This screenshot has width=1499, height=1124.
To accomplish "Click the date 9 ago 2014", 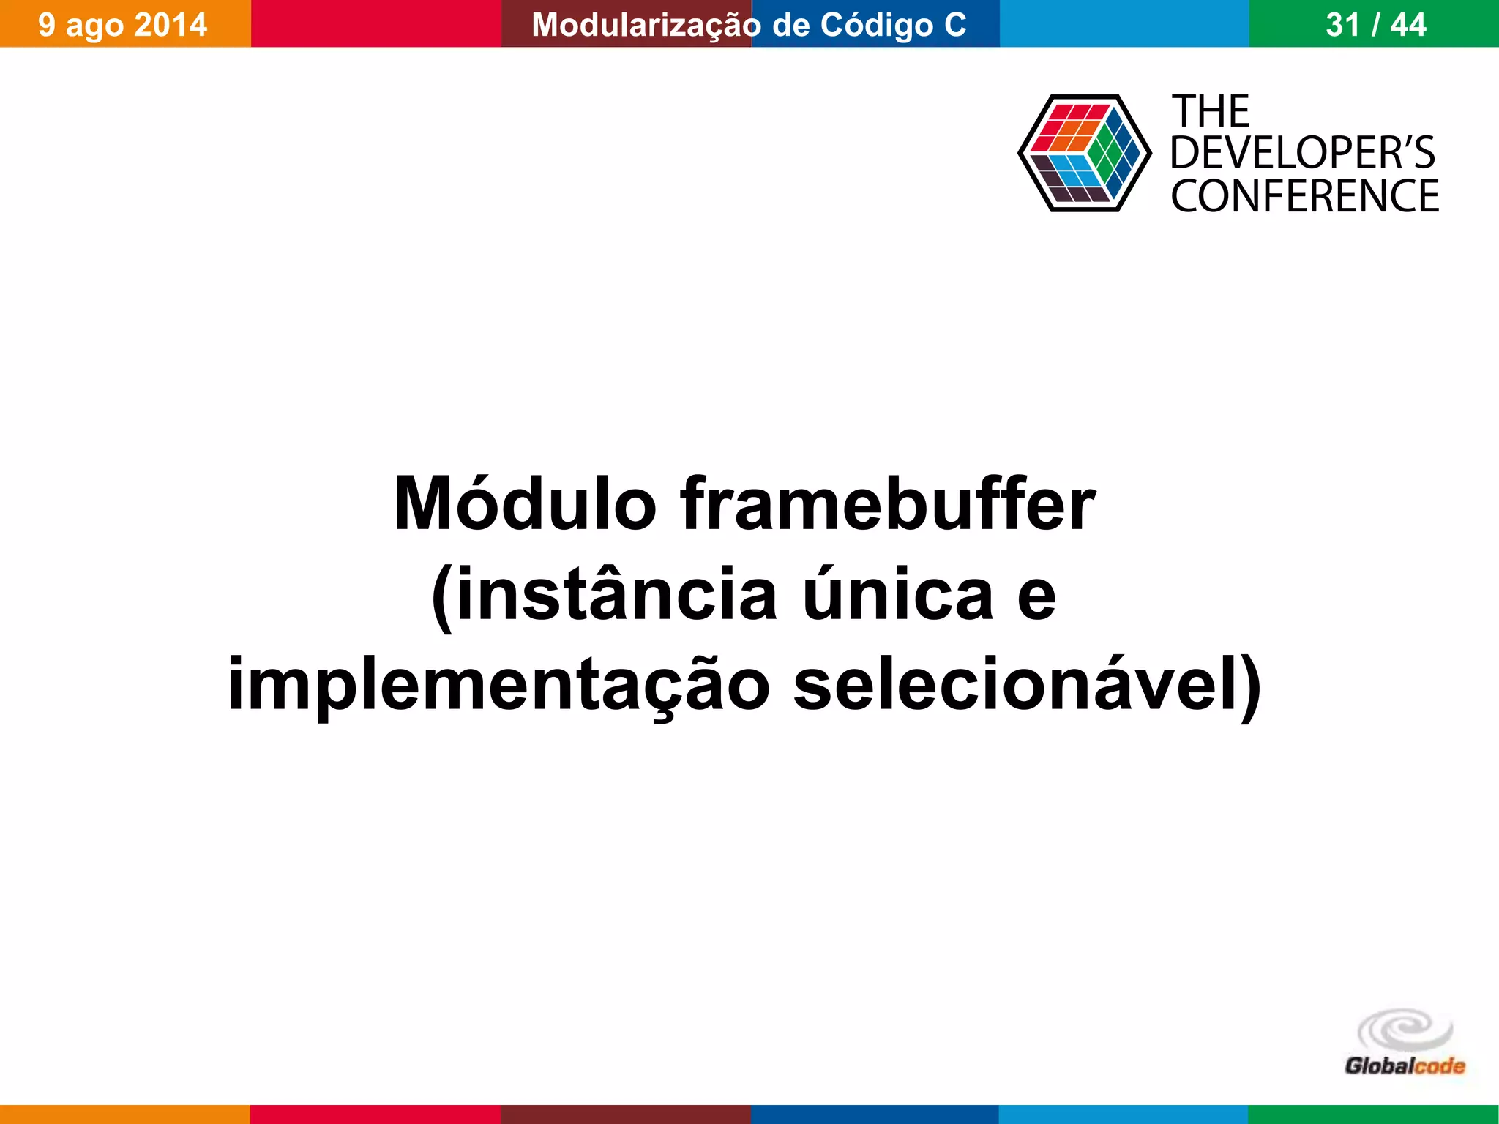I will (123, 25).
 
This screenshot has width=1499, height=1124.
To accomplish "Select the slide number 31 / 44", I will (1375, 25).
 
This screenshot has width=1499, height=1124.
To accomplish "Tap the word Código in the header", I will (876, 25).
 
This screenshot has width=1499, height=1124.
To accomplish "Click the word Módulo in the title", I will (525, 505).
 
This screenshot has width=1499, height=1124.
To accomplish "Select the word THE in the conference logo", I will (1211, 112).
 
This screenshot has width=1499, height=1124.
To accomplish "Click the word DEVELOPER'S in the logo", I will (1303, 154).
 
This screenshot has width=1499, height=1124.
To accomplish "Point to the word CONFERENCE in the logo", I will (1305, 196).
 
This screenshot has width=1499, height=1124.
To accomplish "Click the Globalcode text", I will (1405, 1066).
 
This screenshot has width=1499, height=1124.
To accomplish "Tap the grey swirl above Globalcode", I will (1405, 1030).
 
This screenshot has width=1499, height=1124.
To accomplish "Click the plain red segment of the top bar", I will (375, 23).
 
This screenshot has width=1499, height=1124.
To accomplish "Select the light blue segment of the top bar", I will (1124, 23).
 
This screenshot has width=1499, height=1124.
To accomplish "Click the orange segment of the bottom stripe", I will (124, 1114).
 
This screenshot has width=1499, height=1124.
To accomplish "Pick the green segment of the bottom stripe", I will (1373, 1114).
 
